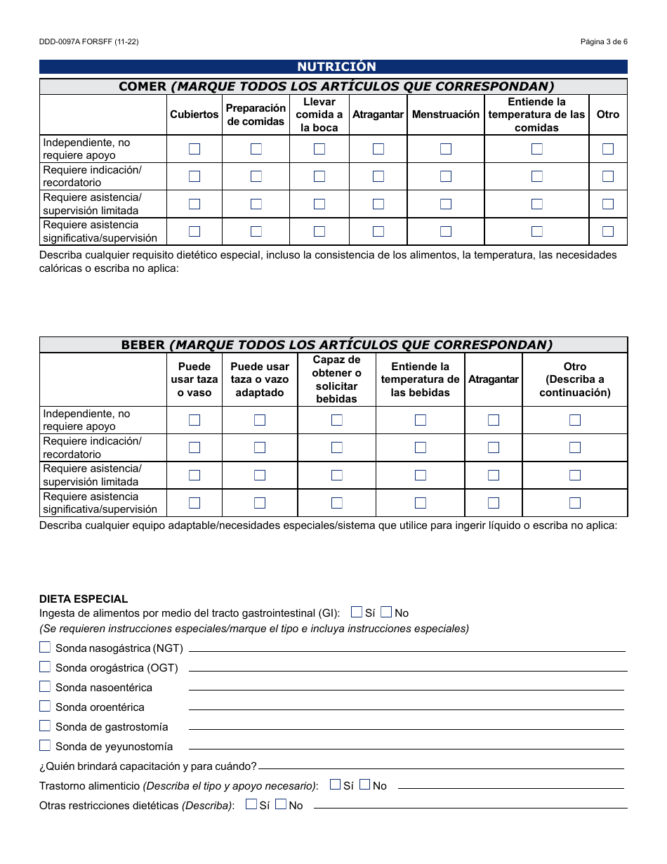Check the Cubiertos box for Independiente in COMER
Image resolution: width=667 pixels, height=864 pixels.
(194, 149)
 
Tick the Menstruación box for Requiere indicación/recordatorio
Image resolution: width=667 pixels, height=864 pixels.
(446, 176)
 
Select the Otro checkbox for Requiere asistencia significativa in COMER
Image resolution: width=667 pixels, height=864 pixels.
(608, 231)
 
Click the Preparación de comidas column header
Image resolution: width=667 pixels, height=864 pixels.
(256, 114)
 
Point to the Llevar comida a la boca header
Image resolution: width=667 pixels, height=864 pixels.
(319, 114)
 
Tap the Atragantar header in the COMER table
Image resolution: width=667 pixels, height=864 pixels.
(378, 114)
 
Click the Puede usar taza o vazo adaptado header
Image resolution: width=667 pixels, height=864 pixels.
(260, 379)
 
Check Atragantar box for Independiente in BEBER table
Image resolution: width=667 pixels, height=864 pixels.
(494, 420)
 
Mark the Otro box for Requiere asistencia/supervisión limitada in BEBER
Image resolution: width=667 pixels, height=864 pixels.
(575, 475)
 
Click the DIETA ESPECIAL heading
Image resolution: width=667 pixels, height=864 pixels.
(84, 599)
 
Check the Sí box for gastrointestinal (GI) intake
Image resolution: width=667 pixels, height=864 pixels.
(357, 612)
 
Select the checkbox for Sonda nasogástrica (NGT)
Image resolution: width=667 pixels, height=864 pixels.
(45, 647)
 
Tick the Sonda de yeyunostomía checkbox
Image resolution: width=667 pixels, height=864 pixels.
(45, 745)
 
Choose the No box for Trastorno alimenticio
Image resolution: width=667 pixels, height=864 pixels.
(364, 785)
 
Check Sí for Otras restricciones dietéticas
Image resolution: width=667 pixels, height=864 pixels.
(251, 804)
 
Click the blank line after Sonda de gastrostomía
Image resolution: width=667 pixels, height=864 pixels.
(406, 728)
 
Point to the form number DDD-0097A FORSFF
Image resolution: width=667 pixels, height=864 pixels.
(88, 41)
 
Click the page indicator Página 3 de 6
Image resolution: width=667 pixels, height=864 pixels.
(604, 41)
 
